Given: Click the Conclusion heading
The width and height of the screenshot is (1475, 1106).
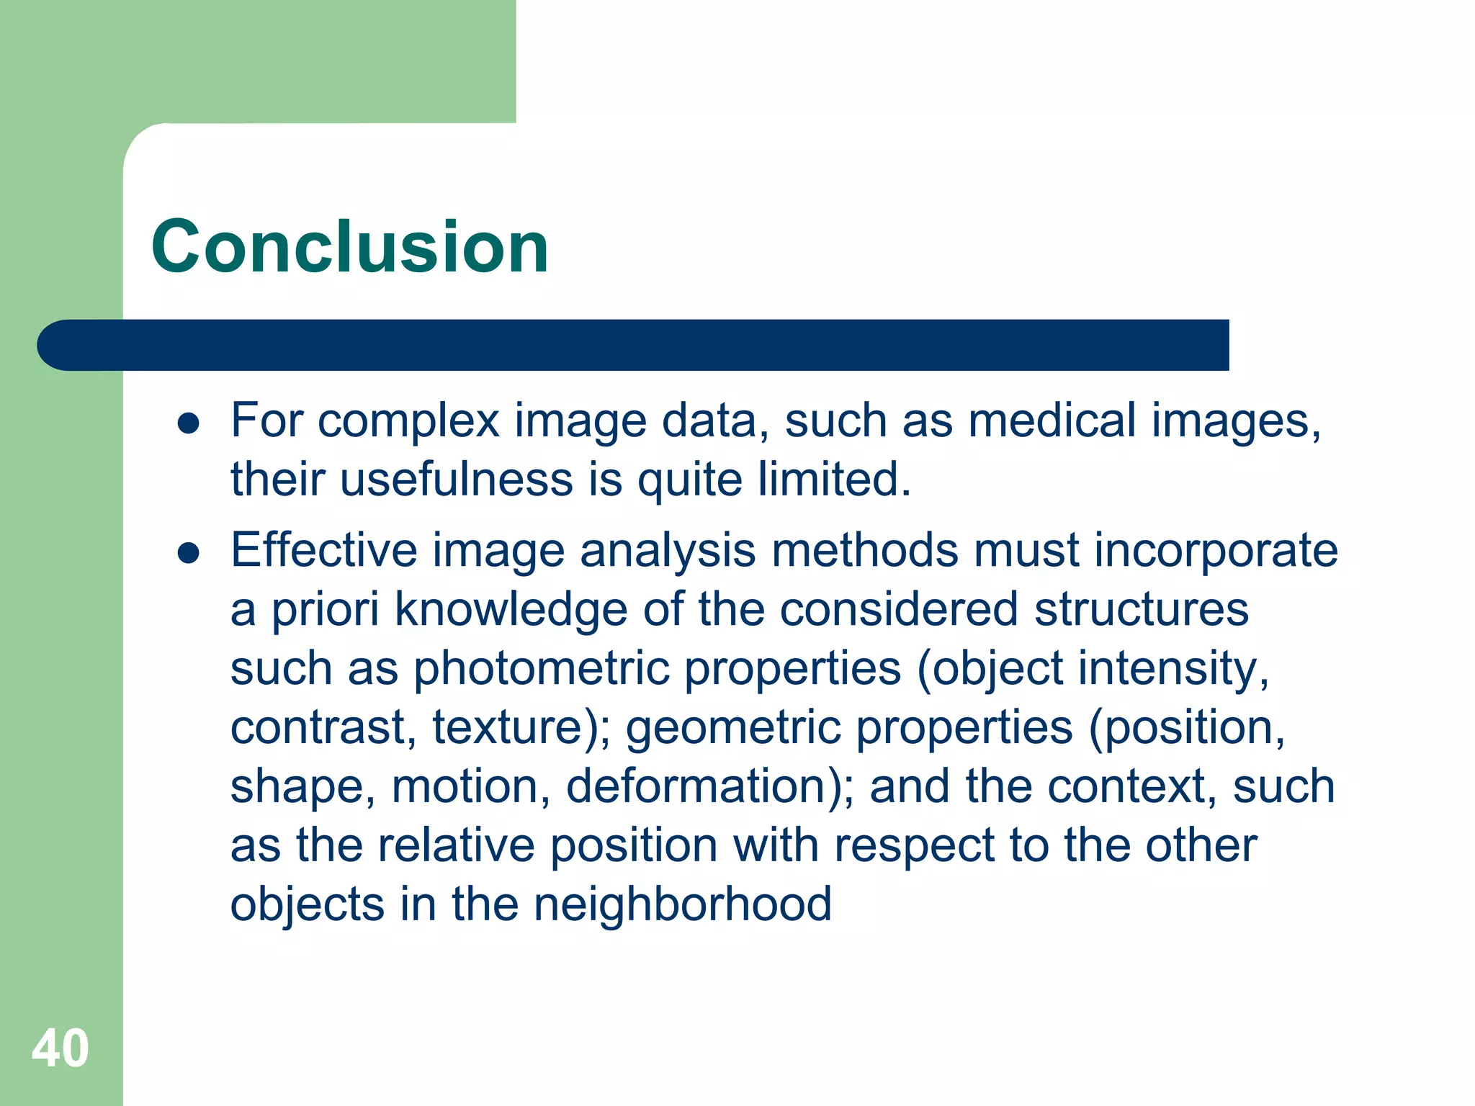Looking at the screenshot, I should [x=350, y=247].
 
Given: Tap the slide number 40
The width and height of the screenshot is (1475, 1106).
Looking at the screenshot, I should [x=60, y=1048].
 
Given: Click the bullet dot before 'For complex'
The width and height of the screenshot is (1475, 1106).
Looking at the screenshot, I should [x=188, y=424].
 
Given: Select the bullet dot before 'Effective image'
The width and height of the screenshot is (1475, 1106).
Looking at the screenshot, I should [x=188, y=554].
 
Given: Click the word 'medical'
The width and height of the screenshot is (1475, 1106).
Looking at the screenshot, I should [x=1052, y=421].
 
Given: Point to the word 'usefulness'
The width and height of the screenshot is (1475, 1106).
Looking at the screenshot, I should [x=456, y=480].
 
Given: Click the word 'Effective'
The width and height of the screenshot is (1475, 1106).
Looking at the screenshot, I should [x=324, y=550].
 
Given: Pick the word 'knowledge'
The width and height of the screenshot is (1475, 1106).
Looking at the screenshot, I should [x=511, y=611].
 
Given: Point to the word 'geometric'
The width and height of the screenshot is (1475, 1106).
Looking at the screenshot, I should [x=733, y=727].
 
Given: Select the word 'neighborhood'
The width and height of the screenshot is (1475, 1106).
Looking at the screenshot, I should [x=682, y=904].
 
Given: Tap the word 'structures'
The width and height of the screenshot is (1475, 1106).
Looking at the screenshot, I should [x=1142, y=611].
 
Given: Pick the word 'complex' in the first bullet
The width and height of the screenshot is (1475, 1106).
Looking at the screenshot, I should [x=408, y=422].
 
